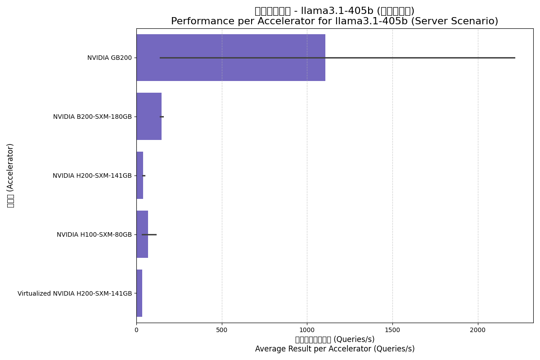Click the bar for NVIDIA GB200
(230, 58)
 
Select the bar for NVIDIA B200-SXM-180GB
(148, 117)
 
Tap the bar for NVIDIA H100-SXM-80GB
(142, 234)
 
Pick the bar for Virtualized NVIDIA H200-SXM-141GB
(139, 293)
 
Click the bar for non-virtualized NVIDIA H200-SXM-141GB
(139, 175)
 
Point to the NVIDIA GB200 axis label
(109, 58)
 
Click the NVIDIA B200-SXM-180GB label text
(92, 117)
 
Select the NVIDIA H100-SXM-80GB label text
(94, 235)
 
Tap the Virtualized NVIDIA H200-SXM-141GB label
(75, 294)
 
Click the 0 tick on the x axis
(136, 330)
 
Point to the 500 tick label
(222, 330)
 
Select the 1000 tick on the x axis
(307, 330)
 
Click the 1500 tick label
(392, 330)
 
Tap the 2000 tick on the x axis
(478, 330)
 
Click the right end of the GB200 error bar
(514, 58)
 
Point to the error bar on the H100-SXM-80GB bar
(149, 234)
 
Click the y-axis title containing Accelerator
(10, 175)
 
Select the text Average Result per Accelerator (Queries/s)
(335, 349)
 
